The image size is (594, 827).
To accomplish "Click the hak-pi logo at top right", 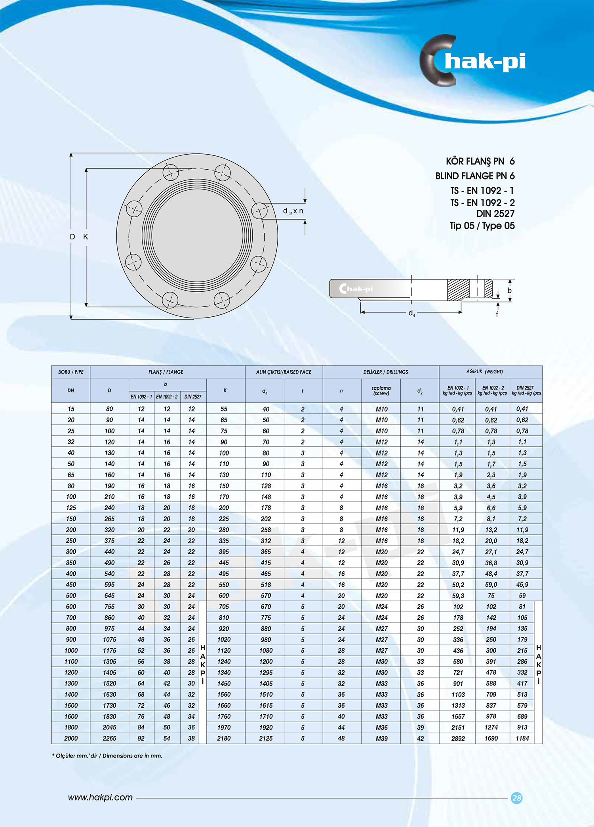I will tap(473, 61).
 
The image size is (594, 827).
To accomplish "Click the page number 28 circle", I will tap(516, 798).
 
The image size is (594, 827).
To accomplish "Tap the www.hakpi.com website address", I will tap(100, 797).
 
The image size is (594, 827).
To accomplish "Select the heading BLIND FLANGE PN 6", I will tap(475, 176).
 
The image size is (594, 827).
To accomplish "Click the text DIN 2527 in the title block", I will tap(495, 214).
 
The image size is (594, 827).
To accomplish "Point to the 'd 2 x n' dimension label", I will tap(293, 211).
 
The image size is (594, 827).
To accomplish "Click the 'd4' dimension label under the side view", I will tap(412, 313).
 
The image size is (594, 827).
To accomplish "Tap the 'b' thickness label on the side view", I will tap(509, 291).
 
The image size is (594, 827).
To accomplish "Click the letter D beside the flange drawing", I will tap(72, 237).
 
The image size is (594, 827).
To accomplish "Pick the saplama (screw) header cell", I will tap(381, 391).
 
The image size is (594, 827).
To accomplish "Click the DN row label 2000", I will tap(71, 738).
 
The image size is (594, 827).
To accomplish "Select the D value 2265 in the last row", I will tap(109, 738).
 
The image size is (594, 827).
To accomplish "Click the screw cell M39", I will tap(381, 738).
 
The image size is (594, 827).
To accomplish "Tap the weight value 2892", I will tap(458, 738).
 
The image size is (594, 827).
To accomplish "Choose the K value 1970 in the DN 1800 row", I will tap(224, 727).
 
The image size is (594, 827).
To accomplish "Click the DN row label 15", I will tap(71, 409).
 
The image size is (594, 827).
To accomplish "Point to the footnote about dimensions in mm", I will tap(107, 756).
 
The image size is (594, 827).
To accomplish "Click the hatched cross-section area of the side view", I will tap(458, 289).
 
